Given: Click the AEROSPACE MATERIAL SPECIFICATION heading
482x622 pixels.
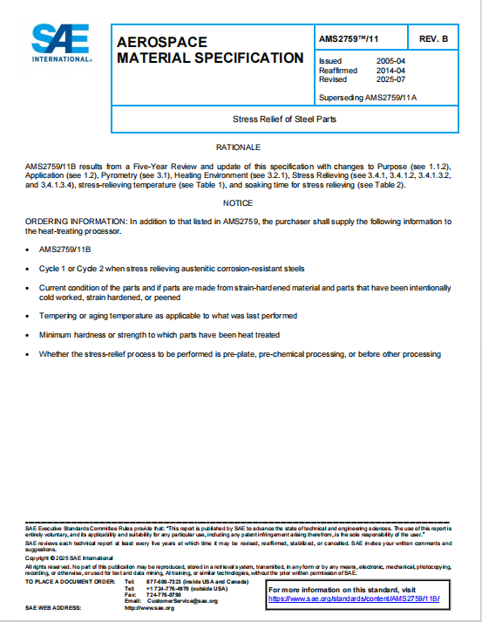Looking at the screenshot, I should click(209, 51).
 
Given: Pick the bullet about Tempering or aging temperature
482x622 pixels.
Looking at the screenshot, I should click(168, 315).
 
